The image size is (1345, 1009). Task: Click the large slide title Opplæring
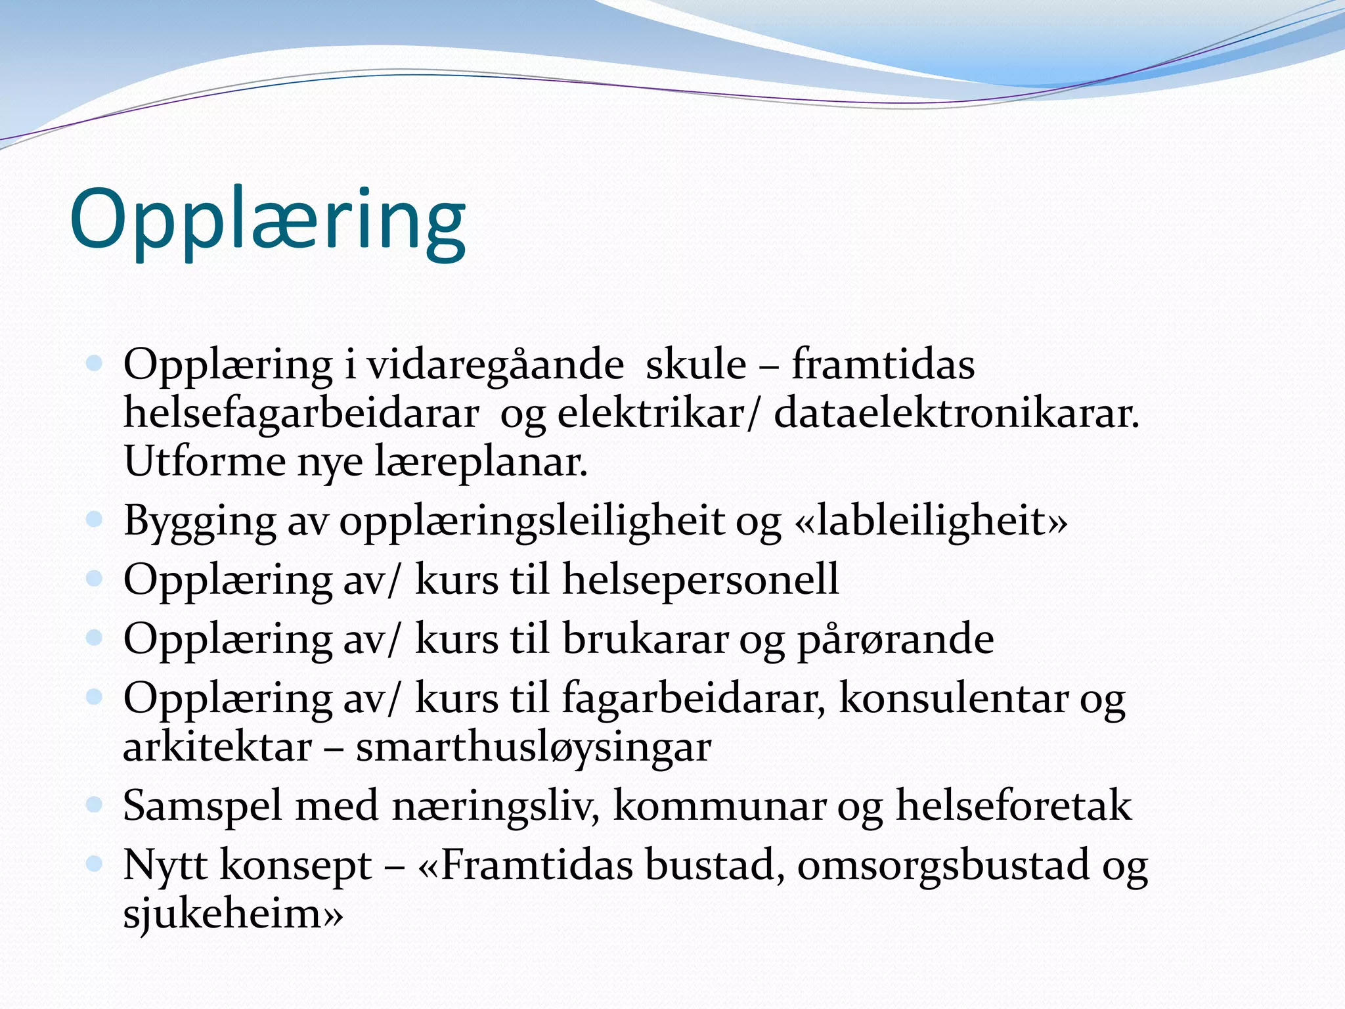(x=267, y=220)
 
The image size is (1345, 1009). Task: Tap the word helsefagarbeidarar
(x=301, y=414)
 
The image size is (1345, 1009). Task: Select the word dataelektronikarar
(x=956, y=414)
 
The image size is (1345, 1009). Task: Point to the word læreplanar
(x=481, y=462)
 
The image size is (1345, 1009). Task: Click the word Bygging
(x=200, y=522)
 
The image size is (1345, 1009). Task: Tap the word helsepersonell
(x=701, y=579)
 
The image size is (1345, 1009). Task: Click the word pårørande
(x=896, y=639)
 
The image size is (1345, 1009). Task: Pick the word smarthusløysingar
(x=533, y=748)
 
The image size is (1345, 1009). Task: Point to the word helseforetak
(x=1014, y=806)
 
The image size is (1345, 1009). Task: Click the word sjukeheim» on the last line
(x=233, y=914)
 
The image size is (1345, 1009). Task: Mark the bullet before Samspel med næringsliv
(x=95, y=805)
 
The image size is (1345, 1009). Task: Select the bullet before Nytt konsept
(x=95, y=863)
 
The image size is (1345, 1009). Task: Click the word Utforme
(x=204, y=462)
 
